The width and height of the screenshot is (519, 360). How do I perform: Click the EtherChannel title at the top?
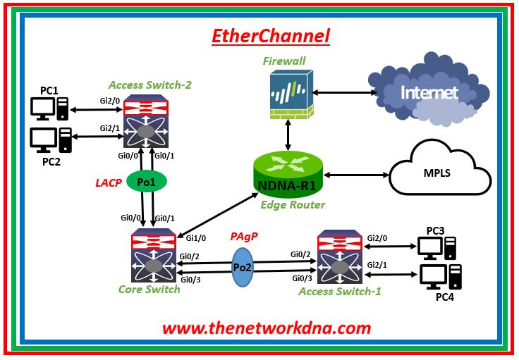271,36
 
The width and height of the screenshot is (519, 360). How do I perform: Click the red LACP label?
109,183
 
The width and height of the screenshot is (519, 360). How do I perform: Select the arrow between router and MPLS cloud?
356,174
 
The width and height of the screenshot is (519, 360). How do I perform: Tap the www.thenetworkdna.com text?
266,328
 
